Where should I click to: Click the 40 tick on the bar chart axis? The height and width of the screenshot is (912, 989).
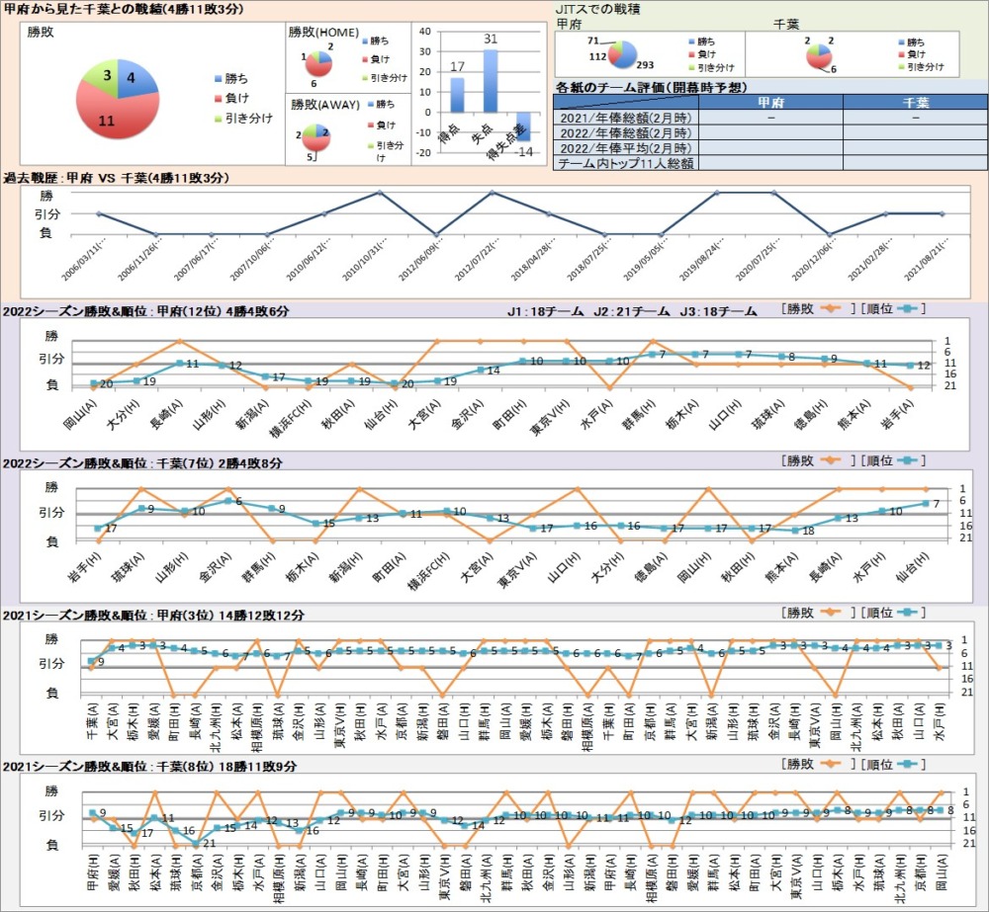[424, 31]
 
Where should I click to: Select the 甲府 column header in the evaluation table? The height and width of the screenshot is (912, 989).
[770, 102]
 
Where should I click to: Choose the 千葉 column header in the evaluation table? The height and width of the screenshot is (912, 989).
[915, 102]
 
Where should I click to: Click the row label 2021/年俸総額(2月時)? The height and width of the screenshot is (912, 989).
[626, 118]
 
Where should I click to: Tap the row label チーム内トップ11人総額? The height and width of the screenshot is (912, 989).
[626, 163]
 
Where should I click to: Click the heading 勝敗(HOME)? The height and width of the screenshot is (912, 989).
[323, 32]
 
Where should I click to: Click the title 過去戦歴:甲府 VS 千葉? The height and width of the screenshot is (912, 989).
[117, 178]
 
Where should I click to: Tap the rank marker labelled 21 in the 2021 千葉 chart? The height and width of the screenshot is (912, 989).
[196, 843]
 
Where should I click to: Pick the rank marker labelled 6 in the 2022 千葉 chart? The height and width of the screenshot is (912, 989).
[227, 501]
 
